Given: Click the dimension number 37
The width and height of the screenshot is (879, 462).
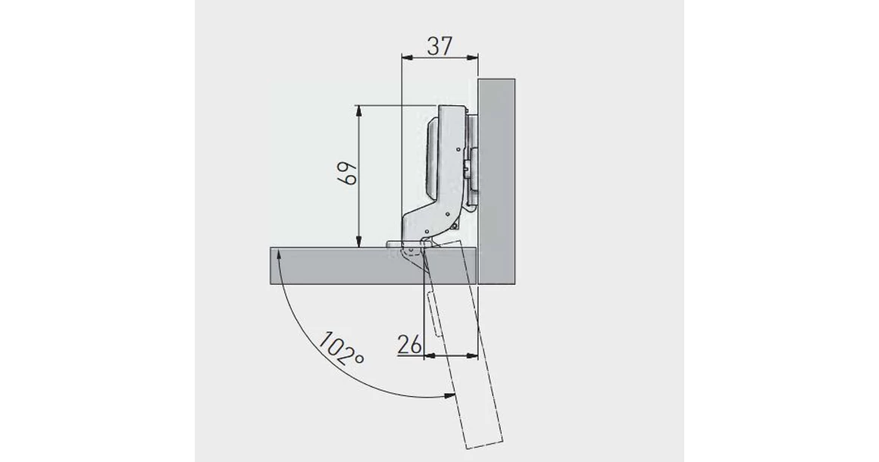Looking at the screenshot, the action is [x=439, y=46].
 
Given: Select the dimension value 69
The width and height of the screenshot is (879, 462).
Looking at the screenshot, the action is [x=348, y=173].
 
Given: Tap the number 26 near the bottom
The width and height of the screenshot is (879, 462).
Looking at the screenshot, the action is [x=409, y=344].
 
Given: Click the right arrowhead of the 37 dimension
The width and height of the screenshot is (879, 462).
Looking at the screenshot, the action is [x=473, y=57].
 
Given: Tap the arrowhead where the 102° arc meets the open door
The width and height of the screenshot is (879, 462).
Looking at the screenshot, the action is [x=449, y=396].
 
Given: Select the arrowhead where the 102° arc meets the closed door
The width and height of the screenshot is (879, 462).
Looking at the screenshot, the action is [x=279, y=257].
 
